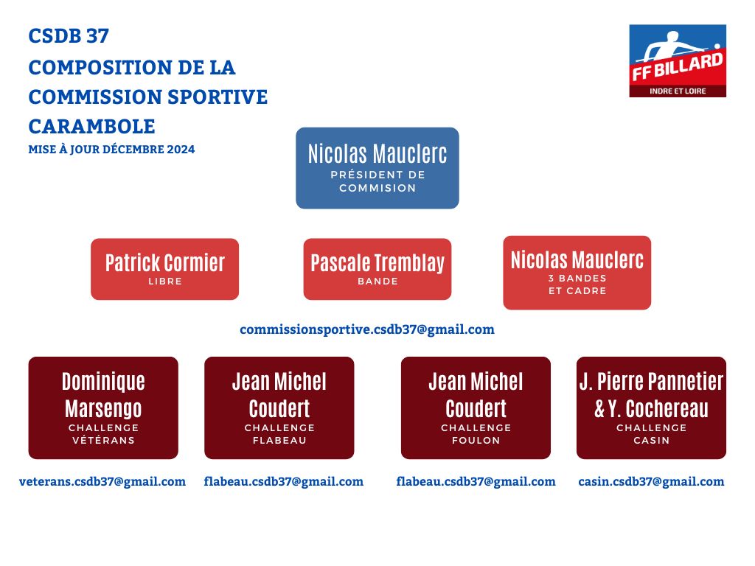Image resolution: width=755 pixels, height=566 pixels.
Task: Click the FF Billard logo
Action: [678, 60]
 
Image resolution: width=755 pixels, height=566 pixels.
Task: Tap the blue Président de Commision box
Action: [377, 168]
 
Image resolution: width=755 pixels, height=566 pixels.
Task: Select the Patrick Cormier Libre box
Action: [164, 269]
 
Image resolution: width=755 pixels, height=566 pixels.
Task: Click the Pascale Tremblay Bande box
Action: [377, 269]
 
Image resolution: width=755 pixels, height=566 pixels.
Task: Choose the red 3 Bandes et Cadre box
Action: [577, 273]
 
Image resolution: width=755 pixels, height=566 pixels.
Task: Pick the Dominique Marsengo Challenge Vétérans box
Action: [103, 408]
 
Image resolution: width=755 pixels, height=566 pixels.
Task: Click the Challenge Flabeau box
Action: [279, 408]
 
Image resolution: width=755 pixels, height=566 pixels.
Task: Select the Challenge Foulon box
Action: [476, 408]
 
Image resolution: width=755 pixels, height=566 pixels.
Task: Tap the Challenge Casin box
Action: [651, 408]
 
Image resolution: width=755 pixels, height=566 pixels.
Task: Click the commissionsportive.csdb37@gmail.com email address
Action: [367, 329]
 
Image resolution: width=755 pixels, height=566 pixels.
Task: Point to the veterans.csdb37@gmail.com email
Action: [102, 482]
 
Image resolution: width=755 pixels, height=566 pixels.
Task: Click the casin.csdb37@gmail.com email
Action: [651, 482]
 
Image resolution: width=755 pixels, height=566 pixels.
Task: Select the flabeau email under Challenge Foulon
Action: [476, 482]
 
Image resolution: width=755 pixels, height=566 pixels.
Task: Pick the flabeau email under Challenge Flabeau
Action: [284, 482]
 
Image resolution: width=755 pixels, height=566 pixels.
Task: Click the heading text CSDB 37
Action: [69, 36]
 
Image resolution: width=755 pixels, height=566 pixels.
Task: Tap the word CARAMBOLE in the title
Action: [91, 127]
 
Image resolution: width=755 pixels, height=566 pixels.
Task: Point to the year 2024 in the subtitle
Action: [181, 149]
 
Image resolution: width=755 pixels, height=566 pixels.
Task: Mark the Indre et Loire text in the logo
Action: [678, 91]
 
